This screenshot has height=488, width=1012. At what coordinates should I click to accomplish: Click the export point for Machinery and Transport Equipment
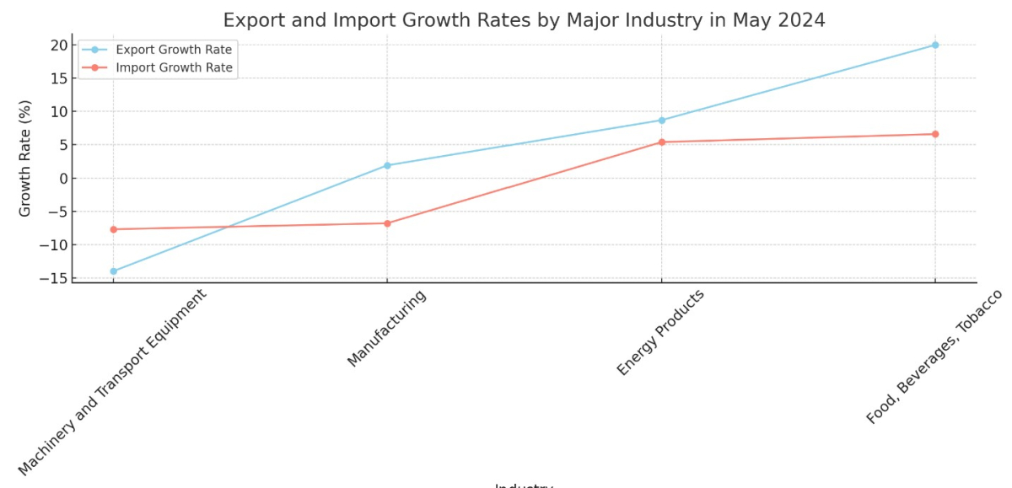click(113, 271)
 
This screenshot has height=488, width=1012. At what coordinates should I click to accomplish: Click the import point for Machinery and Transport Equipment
click(113, 229)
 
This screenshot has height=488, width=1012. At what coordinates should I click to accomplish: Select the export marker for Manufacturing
click(387, 165)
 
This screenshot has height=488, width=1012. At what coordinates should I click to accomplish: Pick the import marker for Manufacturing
click(387, 223)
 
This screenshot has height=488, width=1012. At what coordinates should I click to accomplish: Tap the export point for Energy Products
click(661, 121)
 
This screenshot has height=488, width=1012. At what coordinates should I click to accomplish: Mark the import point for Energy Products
click(661, 142)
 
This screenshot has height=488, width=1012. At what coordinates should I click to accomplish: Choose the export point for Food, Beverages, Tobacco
click(935, 45)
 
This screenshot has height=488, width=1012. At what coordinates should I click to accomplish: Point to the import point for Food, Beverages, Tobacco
click(935, 134)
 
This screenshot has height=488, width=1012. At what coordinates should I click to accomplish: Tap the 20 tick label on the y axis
click(57, 45)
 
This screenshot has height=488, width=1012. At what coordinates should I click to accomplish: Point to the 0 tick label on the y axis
click(62, 179)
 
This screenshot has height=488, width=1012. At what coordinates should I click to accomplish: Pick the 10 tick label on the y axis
click(57, 112)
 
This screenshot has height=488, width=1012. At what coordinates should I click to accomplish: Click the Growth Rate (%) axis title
click(25, 158)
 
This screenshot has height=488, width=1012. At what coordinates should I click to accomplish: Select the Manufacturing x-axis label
click(386, 330)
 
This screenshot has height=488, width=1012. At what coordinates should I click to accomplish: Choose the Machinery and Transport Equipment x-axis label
click(112, 382)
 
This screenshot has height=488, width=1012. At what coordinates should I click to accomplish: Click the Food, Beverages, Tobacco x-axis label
click(934, 357)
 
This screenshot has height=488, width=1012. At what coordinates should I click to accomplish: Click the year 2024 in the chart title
click(798, 20)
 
